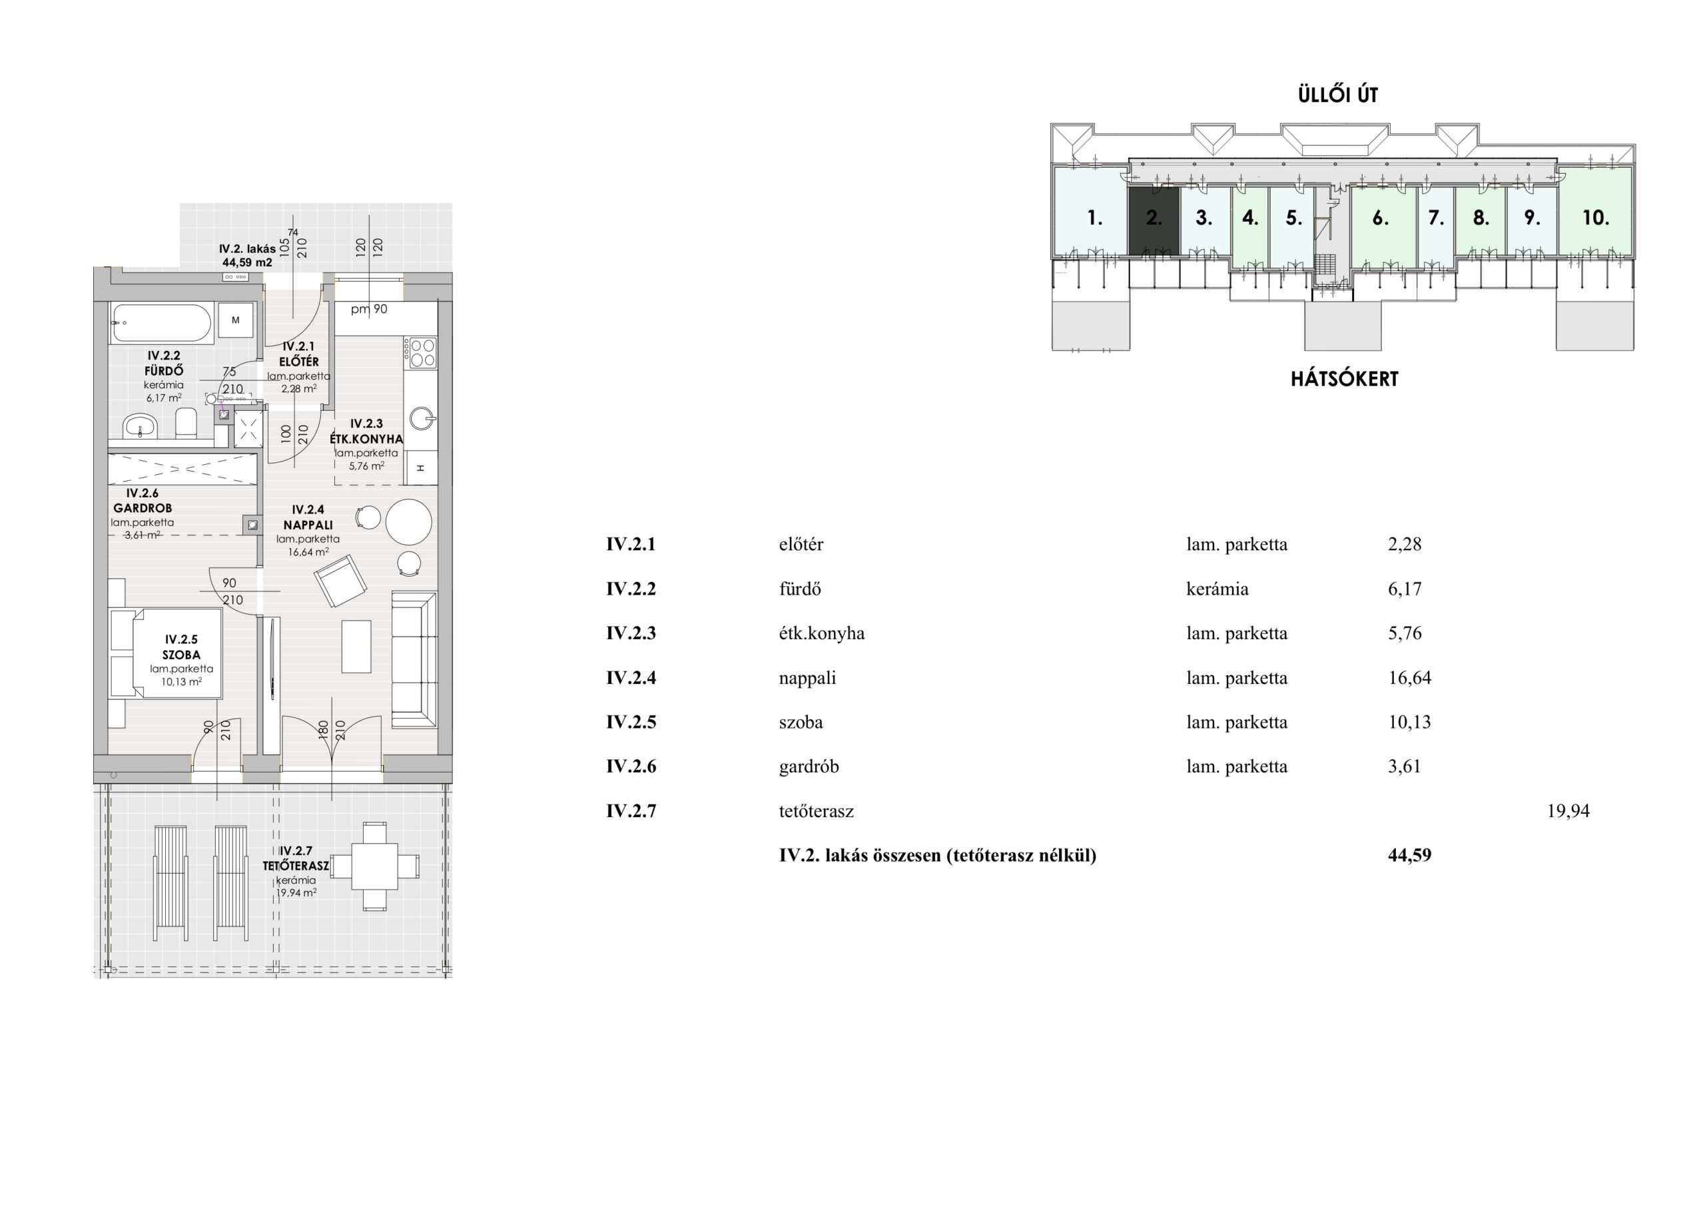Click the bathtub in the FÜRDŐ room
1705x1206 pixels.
click(x=161, y=323)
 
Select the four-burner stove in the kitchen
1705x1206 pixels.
click(x=420, y=353)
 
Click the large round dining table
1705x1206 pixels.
click(x=408, y=522)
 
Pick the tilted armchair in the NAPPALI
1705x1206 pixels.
click(x=341, y=582)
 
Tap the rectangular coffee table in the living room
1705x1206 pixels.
click(x=356, y=647)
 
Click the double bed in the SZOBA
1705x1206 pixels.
click(x=166, y=653)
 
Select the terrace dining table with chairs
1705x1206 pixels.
click(x=374, y=866)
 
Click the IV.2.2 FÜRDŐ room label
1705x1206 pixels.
click(x=164, y=363)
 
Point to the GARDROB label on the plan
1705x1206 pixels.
click(x=143, y=509)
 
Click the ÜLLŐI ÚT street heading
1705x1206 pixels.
click(x=1338, y=95)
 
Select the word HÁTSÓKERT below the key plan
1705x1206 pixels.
click(x=1344, y=379)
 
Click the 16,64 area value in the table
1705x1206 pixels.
click(x=1409, y=678)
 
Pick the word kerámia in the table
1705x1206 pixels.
click(x=1217, y=589)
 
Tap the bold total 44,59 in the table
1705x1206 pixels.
click(x=1409, y=856)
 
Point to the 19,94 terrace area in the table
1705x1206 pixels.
click(x=1568, y=811)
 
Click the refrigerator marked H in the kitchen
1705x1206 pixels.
click(x=421, y=468)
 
